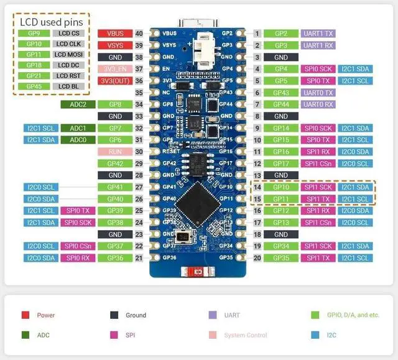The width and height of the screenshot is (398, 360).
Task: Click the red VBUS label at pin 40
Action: [115, 33]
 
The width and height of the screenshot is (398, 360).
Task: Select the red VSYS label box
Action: [115, 45]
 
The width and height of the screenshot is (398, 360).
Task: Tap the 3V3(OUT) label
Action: [115, 81]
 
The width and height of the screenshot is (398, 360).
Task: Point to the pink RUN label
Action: [115, 152]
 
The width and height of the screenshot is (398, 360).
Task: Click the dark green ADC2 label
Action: [78, 104]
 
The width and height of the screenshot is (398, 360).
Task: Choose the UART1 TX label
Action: [318, 33]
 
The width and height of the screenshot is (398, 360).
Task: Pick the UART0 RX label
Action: [318, 104]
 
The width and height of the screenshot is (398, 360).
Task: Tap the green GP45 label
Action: [34, 86]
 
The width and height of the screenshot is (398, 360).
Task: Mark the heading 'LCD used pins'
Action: [51, 22]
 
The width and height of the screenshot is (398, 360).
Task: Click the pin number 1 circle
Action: [257, 33]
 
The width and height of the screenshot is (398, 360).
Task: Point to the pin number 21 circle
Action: [139, 258]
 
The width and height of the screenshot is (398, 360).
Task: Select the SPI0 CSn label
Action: [78, 246]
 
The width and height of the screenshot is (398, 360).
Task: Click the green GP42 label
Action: [115, 164]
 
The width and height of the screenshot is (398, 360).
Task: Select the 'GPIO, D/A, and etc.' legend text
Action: [353, 315]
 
